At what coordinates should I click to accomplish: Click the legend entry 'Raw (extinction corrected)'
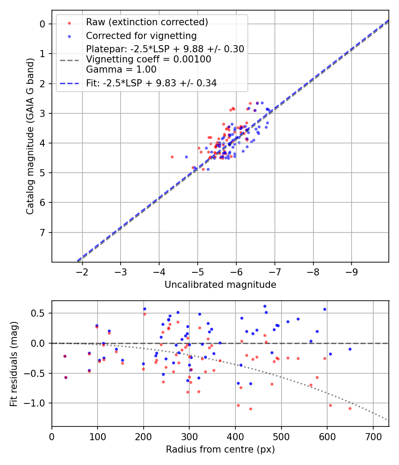pyautogui.click(x=147, y=22)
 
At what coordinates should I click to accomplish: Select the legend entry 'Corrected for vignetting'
pyautogui.click(x=141, y=36)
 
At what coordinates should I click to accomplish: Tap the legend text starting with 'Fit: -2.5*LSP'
pyautogui.click(x=152, y=83)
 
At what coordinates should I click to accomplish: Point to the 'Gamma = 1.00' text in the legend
pyautogui.click(x=121, y=70)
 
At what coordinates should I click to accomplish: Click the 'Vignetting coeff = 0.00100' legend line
pyautogui.click(x=149, y=59)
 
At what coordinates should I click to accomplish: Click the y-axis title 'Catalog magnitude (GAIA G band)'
pyautogui.click(x=30, y=136)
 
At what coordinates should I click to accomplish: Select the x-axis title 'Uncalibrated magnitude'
pyautogui.click(x=220, y=285)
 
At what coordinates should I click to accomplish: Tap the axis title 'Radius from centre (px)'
pyautogui.click(x=220, y=449)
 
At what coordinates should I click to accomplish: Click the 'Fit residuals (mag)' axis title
pyautogui.click(x=14, y=364)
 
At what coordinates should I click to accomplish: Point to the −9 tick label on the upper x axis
pyautogui.click(x=352, y=272)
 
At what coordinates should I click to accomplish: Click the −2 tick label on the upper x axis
pyautogui.click(x=82, y=272)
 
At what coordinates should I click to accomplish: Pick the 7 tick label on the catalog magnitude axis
pyautogui.click(x=43, y=232)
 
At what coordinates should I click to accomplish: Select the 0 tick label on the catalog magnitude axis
pyautogui.click(x=43, y=24)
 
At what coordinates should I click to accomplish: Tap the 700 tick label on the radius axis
pyautogui.click(x=373, y=437)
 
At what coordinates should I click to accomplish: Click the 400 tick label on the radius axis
pyautogui.click(x=235, y=437)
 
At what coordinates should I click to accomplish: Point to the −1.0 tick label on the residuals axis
pyautogui.click(x=34, y=403)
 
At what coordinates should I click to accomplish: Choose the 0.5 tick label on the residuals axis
pyautogui.click(x=38, y=313)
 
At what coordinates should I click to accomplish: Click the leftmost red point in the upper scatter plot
pyautogui.click(x=172, y=157)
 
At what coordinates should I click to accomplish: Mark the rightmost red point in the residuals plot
pyautogui.click(x=350, y=408)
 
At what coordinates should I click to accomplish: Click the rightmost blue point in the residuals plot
pyautogui.click(x=350, y=349)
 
